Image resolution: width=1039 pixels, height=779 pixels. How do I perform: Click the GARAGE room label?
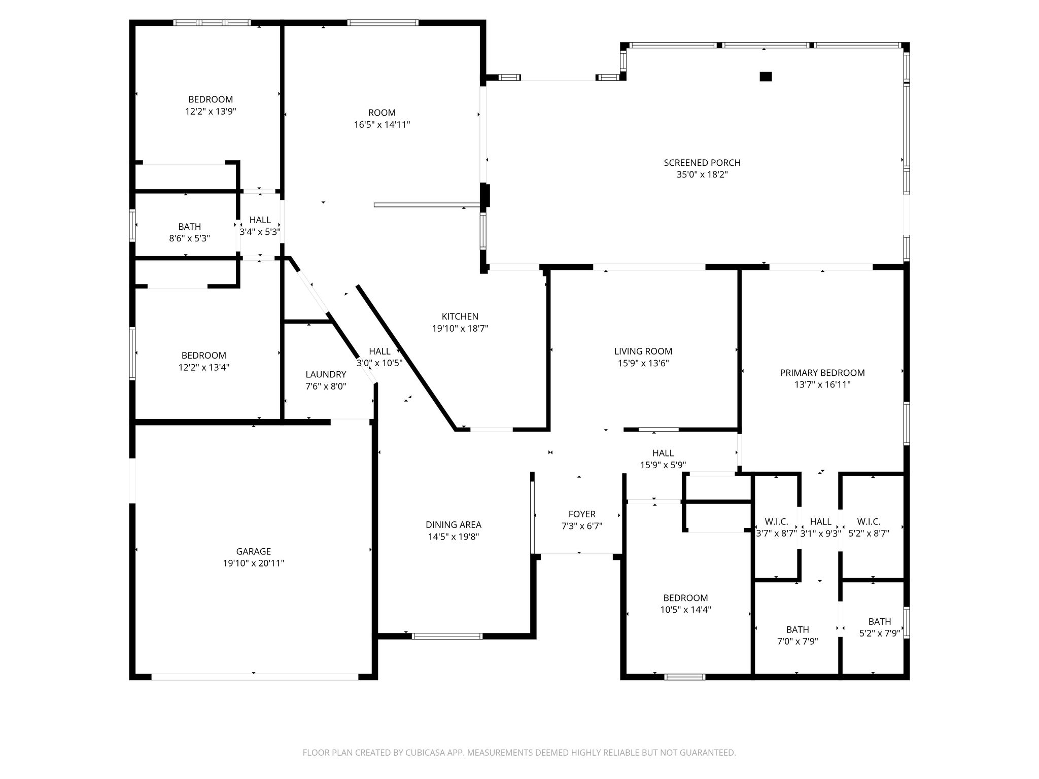click(254, 551)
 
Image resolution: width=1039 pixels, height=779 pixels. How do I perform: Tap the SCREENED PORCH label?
click(702, 163)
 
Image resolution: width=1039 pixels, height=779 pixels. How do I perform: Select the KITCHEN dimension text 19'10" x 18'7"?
click(460, 329)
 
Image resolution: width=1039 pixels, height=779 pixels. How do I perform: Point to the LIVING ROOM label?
click(643, 351)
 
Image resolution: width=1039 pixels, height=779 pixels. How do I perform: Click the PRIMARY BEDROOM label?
click(822, 373)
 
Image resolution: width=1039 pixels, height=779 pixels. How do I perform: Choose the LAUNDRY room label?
click(326, 374)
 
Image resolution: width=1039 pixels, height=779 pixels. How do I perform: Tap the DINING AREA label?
click(454, 525)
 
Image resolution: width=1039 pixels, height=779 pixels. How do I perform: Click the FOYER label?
click(582, 514)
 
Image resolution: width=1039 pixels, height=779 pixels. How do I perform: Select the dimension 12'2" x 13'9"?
click(211, 112)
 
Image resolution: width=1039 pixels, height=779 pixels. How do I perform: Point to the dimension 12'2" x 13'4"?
click(204, 367)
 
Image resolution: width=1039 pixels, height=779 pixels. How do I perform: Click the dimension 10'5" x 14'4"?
click(686, 610)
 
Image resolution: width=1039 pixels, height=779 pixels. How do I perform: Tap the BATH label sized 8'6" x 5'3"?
click(190, 227)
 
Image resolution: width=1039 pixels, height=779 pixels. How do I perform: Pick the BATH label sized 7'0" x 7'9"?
click(798, 629)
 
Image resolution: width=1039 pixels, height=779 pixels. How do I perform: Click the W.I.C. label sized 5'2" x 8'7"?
click(869, 521)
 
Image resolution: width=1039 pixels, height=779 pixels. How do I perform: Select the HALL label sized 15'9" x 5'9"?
click(663, 453)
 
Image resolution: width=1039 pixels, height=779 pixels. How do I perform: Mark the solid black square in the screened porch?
click(766, 77)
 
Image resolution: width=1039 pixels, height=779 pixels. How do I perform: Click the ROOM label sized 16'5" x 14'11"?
click(382, 113)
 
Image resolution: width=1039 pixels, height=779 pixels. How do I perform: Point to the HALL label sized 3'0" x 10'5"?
click(379, 351)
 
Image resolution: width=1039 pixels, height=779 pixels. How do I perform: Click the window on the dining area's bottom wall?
click(447, 636)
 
